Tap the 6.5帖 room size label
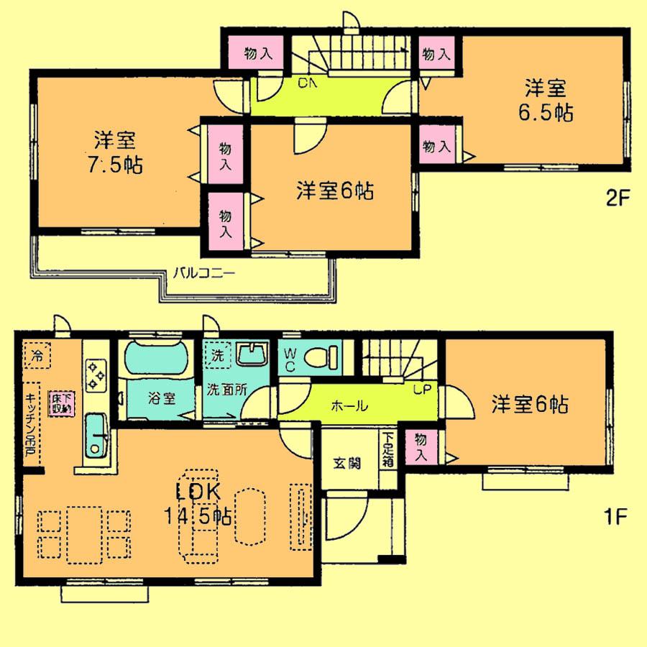pyautogui.click(x=547, y=113)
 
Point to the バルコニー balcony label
pyautogui.click(x=203, y=274)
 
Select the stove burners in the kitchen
pyautogui.click(x=96, y=375)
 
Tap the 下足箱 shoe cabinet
pyautogui.click(x=387, y=450)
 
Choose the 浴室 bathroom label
pyautogui.click(x=161, y=398)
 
